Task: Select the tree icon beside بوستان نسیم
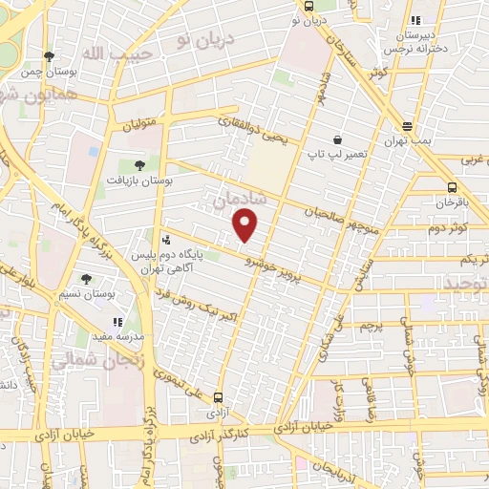click(x=86, y=279)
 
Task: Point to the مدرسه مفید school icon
click(x=117, y=323)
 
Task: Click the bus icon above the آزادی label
click(x=219, y=397)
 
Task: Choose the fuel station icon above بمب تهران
click(x=408, y=126)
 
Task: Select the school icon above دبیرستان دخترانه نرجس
click(x=414, y=20)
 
